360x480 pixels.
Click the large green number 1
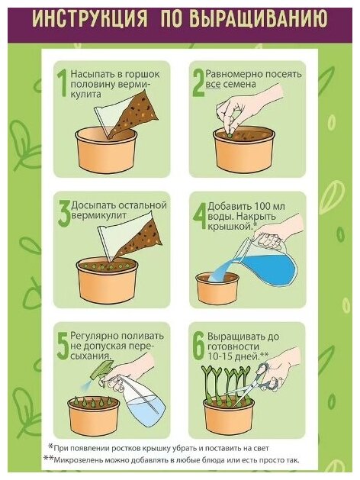coord(63,82)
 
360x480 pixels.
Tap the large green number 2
coord(198,82)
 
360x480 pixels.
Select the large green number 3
coord(64,214)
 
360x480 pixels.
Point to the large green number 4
coord(200,214)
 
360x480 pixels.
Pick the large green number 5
coord(63,345)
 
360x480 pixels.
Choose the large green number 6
coord(199,346)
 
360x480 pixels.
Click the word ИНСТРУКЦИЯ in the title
coord(90,19)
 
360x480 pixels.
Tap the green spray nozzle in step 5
coord(101,370)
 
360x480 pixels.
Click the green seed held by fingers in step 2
coord(230,133)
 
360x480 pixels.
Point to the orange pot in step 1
coord(106,150)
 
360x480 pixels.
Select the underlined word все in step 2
coord(214,84)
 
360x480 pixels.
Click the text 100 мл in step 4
coord(269,206)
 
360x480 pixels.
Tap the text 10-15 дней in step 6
coord(233,356)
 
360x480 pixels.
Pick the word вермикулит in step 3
coord(98,215)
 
